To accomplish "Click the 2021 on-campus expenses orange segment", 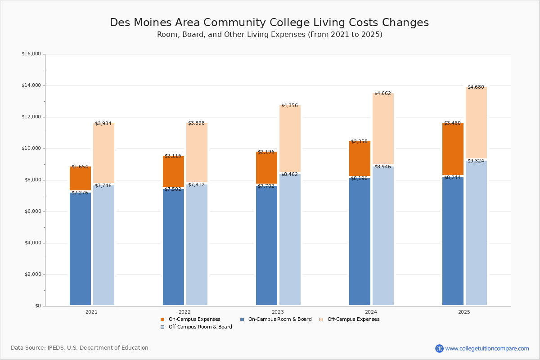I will pyautogui.click(x=80, y=179).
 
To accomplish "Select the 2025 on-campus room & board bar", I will pyautogui.click(x=453, y=241).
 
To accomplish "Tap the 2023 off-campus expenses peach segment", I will pyautogui.click(x=290, y=139).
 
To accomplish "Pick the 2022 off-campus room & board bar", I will pyautogui.click(x=197, y=244).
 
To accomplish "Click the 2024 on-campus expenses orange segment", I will pyautogui.click(x=360, y=158).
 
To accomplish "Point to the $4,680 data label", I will pyautogui.click(x=476, y=87).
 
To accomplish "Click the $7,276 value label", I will pyautogui.click(x=80, y=193).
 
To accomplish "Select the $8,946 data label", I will pyautogui.click(x=383, y=167).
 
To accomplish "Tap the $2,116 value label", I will pyautogui.click(x=173, y=156).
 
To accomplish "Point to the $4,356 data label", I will pyautogui.click(x=290, y=106).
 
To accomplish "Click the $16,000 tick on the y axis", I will pyautogui.click(x=31, y=54).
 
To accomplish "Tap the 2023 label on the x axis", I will pyautogui.click(x=278, y=312).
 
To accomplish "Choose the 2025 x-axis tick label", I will pyautogui.click(x=464, y=312).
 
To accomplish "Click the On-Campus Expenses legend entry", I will pyautogui.click(x=190, y=319).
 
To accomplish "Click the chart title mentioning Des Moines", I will pyautogui.click(x=269, y=23).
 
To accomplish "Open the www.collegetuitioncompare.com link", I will pyautogui.click(x=487, y=348).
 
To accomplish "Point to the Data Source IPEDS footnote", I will pyautogui.click(x=80, y=348).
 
